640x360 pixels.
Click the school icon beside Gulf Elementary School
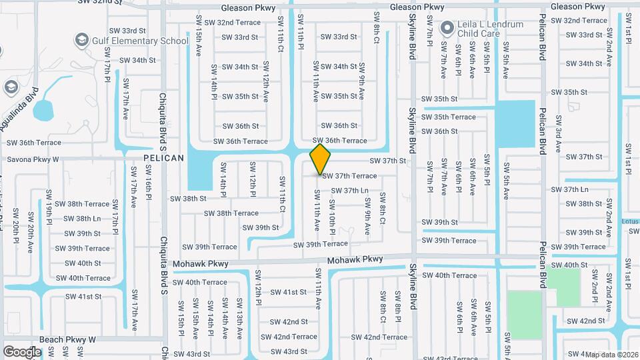pyautogui.click(x=82, y=41)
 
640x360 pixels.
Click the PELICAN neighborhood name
pyautogui.click(x=163, y=158)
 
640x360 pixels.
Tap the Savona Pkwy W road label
pyautogui.click(x=33, y=159)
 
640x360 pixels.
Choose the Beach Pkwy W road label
pyautogui.click(x=67, y=339)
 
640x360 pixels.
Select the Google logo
pyautogui.click(x=22, y=351)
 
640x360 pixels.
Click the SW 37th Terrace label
pyautogui.click(x=349, y=176)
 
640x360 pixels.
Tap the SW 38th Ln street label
pyautogui.click(x=79, y=219)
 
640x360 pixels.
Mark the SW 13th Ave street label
pyautogui.click(x=238, y=316)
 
